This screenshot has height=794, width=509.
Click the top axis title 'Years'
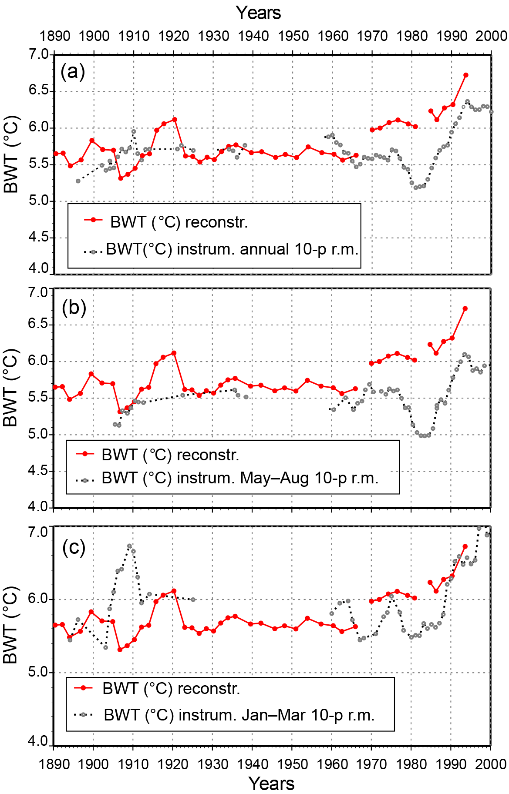(x=258, y=13)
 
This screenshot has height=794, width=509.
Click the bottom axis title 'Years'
(x=271, y=783)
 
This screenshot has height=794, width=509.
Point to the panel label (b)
(x=74, y=308)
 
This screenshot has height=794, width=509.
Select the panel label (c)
(x=74, y=547)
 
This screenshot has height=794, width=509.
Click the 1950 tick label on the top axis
(x=293, y=36)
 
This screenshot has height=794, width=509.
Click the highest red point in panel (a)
(x=465, y=75)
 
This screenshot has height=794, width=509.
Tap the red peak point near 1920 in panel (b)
(x=174, y=353)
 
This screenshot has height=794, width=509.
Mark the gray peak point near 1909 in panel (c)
(x=129, y=546)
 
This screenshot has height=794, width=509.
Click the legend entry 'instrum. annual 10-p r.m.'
(x=232, y=250)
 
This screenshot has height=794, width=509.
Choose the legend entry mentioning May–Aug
(x=240, y=478)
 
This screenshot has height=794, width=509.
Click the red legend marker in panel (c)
(x=84, y=688)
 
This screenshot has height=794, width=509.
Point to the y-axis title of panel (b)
(x=10, y=387)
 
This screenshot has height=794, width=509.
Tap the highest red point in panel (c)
(x=465, y=546)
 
